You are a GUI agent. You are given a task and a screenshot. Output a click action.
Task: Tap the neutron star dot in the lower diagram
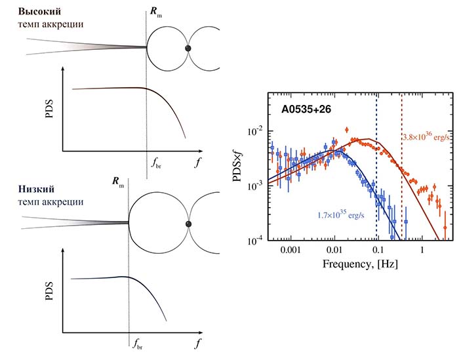click(189, 224)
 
